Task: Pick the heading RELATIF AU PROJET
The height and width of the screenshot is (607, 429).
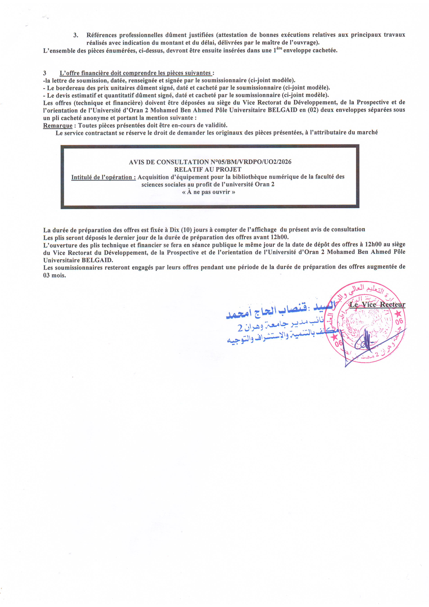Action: (x=208, y=169)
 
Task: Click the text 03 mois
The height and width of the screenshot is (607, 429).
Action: (x=54, y=275)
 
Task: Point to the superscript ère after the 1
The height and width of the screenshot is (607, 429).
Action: (x=279, y=48)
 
